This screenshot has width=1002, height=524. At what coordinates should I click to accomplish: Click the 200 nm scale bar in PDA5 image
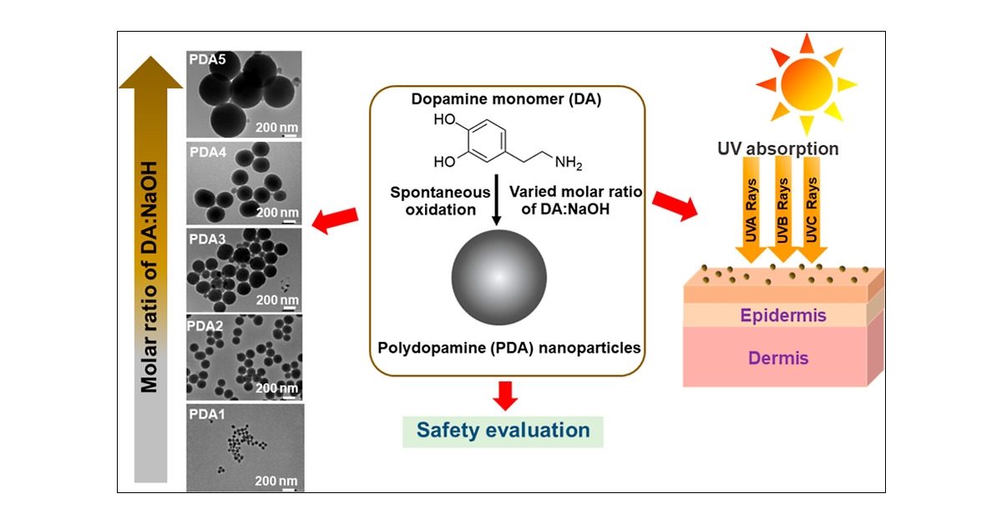tap(276, 127)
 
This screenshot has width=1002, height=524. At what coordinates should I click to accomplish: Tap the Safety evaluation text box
tap(503, 431)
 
